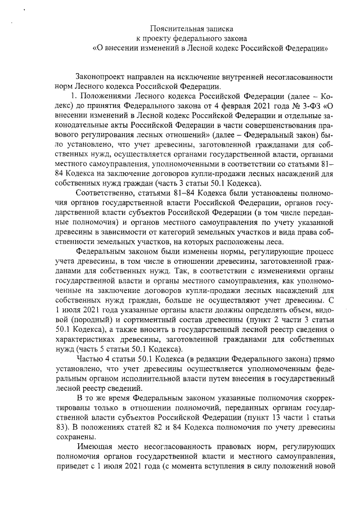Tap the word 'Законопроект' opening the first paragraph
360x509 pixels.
click(101, 76)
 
